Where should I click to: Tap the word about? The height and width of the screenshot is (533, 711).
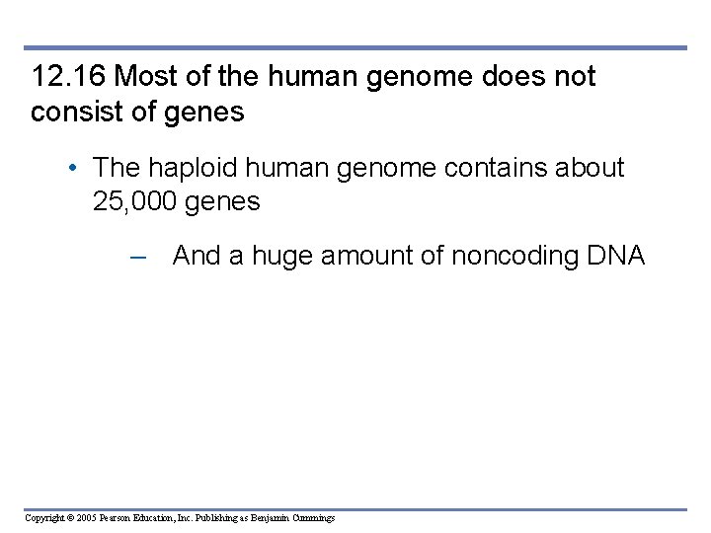(592, 168)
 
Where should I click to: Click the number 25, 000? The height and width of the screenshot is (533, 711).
(133, 202)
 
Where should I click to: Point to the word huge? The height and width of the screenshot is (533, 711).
(284, 257)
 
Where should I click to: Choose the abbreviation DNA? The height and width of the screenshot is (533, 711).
(615, 257)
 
